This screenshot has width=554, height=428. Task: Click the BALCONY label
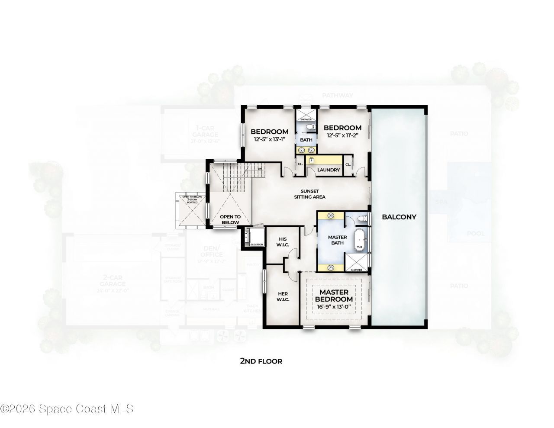399,217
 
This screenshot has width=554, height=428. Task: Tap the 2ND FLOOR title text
261,361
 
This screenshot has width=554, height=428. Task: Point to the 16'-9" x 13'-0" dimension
334,307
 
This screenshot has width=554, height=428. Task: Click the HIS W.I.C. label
282,242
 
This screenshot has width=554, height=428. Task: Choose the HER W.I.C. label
283,296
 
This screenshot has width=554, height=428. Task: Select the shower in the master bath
357,262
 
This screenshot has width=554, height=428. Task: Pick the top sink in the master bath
331,215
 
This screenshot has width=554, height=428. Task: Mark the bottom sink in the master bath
331,267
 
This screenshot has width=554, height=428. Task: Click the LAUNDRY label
329,170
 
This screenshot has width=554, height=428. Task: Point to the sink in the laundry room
311,160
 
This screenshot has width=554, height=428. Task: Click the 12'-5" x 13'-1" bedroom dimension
269,139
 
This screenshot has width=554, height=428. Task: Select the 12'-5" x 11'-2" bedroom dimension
342,135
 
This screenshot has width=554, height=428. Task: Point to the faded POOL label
475,234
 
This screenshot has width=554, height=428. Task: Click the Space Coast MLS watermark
67,408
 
